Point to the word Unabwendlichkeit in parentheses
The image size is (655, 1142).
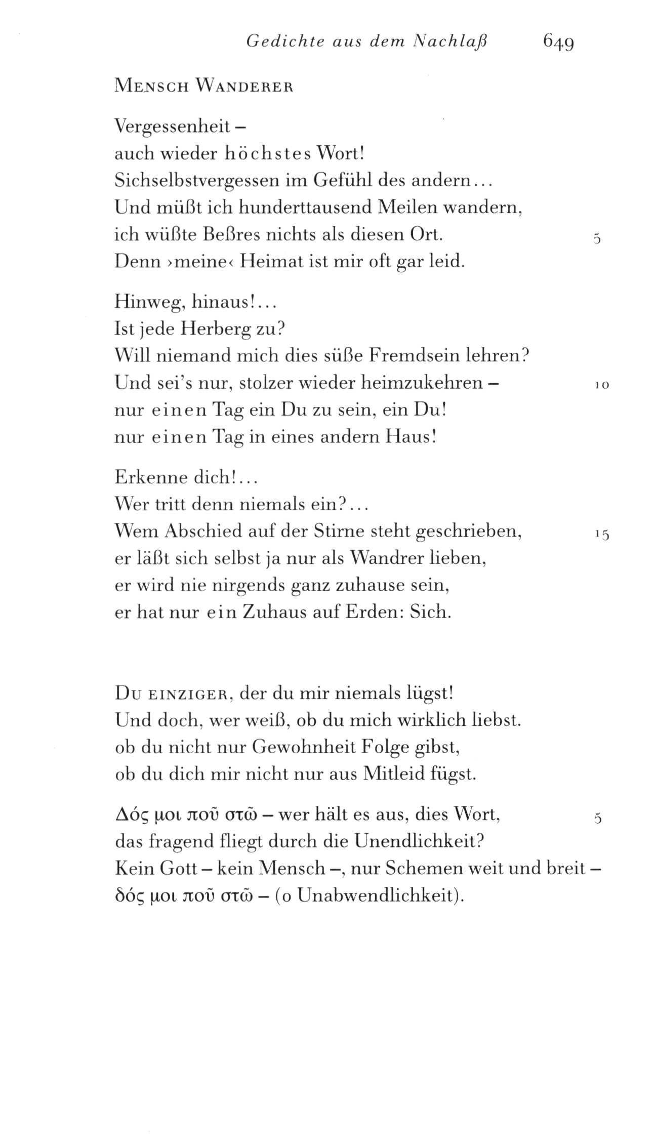[378, 895]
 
